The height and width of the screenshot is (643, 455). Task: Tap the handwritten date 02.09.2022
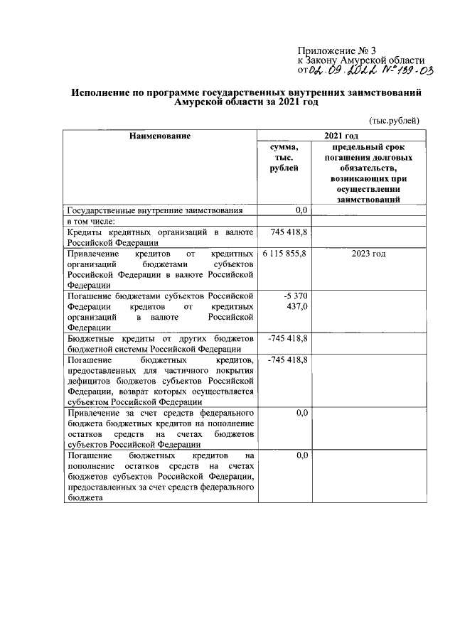pos(344,71)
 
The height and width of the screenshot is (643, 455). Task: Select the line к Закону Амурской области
pos(361,60)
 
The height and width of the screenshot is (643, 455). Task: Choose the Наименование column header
pos(159,135)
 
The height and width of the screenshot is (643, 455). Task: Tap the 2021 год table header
pos(341,135)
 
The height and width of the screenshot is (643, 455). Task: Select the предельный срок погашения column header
pos(369,173)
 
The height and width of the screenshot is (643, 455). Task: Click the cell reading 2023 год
pos(369,254)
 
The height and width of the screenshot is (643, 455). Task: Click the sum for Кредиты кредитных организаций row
pos(289,232)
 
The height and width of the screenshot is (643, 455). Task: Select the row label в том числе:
pos(95,221)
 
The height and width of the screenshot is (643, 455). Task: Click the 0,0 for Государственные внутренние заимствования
pos(301,210)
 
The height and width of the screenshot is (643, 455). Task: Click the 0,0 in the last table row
pos(301,455)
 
